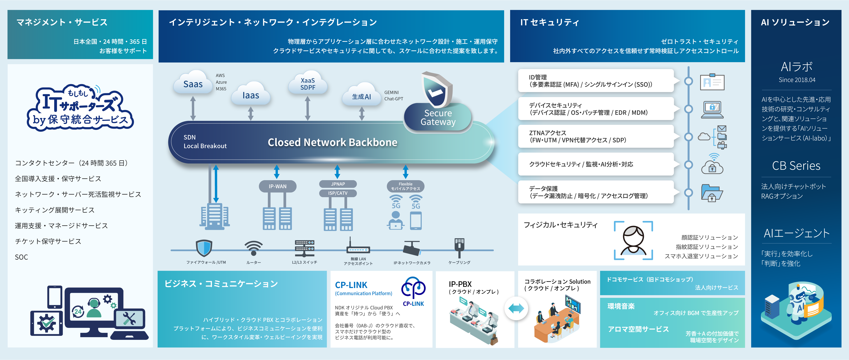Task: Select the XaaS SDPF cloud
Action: pos(308,83)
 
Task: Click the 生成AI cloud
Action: pos(362,96)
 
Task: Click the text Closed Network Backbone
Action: pos(332,142)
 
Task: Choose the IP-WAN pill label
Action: pos(278,186)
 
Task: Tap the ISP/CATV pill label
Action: pos(338,193)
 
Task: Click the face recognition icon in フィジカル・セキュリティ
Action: pos(633,241)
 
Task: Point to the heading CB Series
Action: pos(796,166)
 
